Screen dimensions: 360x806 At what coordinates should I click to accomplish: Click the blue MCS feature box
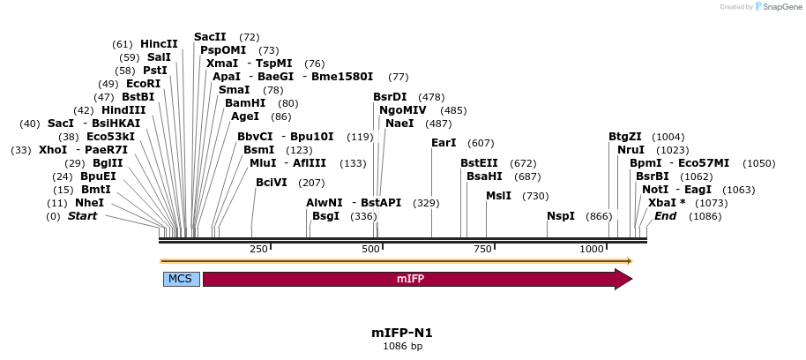[x=180, y=279]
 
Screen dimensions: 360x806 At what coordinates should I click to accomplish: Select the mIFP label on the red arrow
[x=410, y=279]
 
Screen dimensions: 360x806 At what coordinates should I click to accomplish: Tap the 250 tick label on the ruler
[x=258, y=250]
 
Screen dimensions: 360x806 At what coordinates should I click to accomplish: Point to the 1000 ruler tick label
[x=592, y=250]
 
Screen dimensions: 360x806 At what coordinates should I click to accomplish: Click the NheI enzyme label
[x=89, y=203]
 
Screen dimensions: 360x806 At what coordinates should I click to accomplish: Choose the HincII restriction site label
[x=159, y=43]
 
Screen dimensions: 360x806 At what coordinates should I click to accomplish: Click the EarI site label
[x=444, y=143]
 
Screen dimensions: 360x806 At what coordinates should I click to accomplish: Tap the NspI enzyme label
[x=561, y=216]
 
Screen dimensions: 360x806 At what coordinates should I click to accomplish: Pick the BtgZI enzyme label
[x=625, y=137]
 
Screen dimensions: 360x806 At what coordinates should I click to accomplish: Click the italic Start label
[x=82, y=216]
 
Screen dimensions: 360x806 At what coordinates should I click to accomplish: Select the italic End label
[x=665, y=216]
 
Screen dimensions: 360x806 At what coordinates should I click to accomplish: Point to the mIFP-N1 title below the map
[x=402, y=333]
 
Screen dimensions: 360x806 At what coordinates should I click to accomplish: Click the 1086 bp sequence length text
[x=402, y=347]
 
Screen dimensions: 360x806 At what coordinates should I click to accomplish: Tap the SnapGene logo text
[x=779, y=7]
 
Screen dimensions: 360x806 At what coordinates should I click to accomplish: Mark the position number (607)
[x=481, y=143]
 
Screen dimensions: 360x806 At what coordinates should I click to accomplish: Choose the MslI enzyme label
[x=498, y=196]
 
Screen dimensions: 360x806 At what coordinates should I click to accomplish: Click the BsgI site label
[x=325, y=216]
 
